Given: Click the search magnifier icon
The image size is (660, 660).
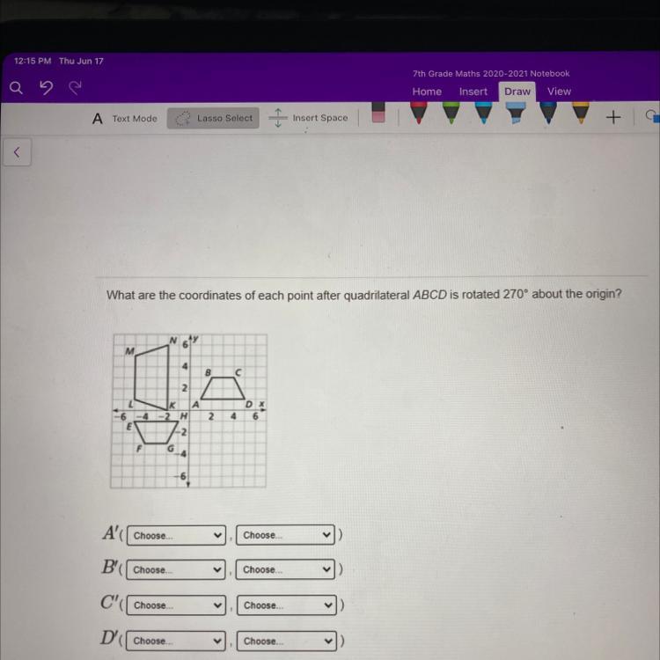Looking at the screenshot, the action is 16,88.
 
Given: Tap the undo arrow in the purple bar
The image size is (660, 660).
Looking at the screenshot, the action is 46,88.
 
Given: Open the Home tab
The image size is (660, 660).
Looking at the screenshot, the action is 427,92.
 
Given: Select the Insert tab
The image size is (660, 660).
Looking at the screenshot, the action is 473,92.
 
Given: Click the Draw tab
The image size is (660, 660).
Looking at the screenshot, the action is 517,92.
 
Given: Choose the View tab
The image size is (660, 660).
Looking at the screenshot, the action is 559,92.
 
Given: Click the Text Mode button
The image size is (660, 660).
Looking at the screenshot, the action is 125,119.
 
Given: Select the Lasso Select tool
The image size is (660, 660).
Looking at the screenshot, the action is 214,118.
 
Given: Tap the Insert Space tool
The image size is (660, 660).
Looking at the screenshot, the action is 309,118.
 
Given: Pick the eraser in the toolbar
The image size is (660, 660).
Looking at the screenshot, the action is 378,113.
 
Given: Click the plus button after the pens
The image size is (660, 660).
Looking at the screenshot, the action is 613,117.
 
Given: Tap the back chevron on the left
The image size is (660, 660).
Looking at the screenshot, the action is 17,152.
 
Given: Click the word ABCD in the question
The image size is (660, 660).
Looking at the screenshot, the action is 429,295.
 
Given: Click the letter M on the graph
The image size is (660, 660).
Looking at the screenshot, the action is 129,350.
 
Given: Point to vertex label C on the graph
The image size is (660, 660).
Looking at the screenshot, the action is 238,372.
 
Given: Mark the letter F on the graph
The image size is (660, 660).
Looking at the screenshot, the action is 139,449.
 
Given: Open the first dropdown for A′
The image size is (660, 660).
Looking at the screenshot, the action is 176,535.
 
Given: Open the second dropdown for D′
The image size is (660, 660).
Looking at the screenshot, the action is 287,641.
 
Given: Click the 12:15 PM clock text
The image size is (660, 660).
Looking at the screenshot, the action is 33,61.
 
